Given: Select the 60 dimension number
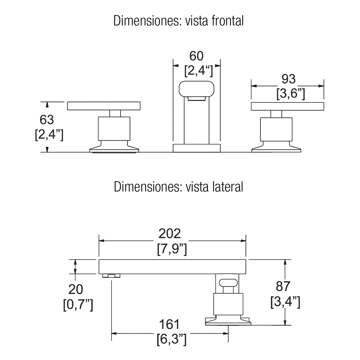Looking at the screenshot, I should [196, 56].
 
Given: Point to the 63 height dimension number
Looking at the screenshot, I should [47, 120].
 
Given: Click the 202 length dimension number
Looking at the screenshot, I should [170, 234].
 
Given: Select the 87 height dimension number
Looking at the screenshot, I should [283, 286].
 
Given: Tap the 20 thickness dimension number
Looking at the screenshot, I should [76, 290].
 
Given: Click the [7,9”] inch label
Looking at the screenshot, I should [172, 249].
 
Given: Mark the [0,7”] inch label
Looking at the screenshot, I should [78, 305].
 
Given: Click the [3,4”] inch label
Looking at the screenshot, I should [285, 302].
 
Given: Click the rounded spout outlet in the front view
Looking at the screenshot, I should [196, 89].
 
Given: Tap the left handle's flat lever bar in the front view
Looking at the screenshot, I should [104, 106].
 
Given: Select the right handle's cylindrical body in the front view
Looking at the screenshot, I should [276, 129].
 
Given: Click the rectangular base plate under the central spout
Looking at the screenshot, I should [196, 148].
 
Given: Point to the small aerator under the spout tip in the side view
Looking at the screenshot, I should [111, 276].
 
